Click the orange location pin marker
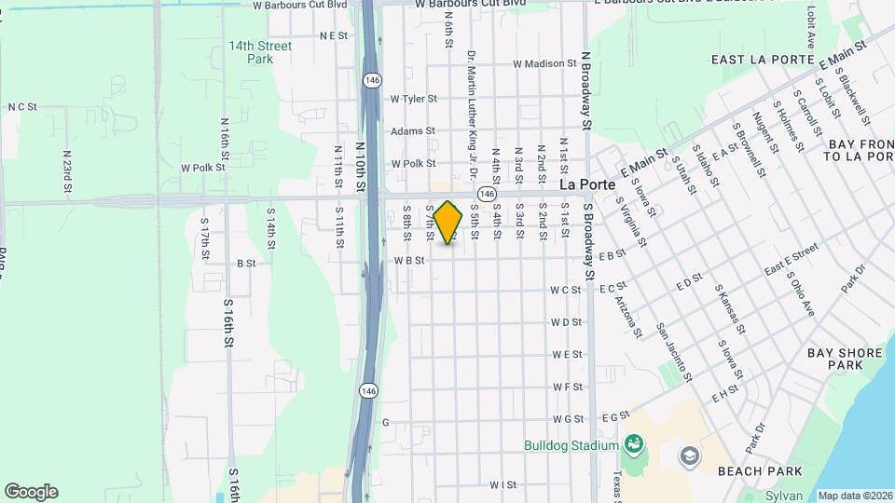point(448,223)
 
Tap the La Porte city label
point(587,185)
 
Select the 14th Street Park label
point(260,52)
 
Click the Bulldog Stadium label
point(571,445)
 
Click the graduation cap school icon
point(688,455)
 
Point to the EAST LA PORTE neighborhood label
point(756,60)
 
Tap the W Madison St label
point(545,64)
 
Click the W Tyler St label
point(413,99)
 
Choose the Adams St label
point(413,131)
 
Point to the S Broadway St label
point(588,242)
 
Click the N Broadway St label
point(586,90)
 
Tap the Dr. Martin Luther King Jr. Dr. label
point(473,114)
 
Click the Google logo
point(31,492)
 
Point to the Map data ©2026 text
point(855,496)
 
